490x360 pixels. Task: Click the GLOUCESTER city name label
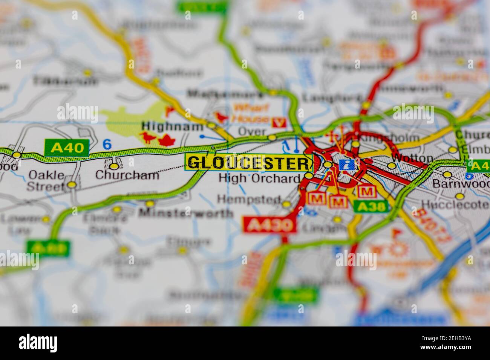coord(248,163)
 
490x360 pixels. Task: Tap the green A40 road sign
coord(67,148)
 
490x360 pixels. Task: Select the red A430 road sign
coord(269,225)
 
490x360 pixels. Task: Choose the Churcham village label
coord(127,175)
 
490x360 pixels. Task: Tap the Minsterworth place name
coord(186,214)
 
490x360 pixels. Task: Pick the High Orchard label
coord(259,178)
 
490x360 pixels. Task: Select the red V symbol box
coord(280,122)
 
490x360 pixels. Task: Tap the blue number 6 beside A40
coord(107,144)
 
